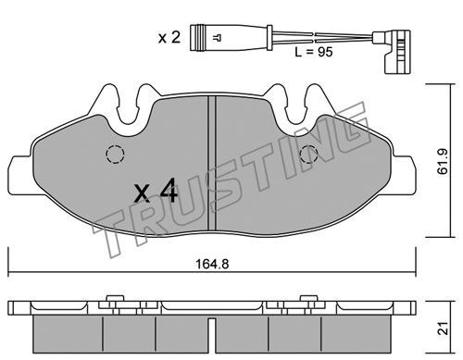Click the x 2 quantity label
pos(169,38)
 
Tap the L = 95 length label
pos(314,52)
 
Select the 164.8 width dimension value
pos(212,264)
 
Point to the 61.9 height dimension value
pos(444,161)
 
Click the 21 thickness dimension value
pos(444,329)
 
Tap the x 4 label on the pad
pos(156,191)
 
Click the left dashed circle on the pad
pos(115,154)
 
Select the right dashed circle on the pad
pos(309,155)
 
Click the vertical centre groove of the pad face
pos(212,163)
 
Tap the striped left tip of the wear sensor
pos(197,38)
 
